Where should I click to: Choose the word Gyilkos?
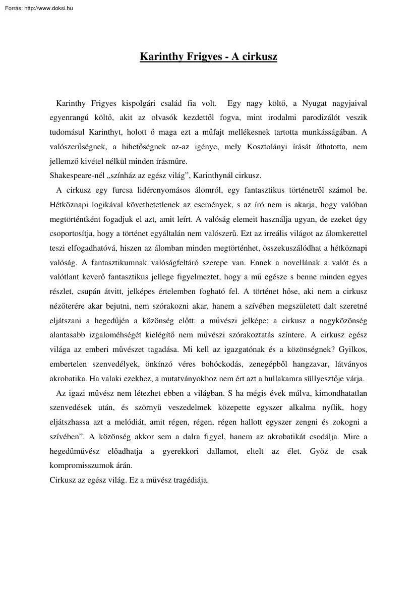(x=351, y=350)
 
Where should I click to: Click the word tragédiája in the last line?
(x=190, y=481)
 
